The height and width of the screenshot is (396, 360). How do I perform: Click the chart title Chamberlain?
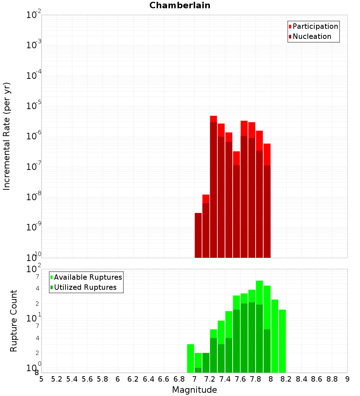pyautogui.click(x=180, y=5)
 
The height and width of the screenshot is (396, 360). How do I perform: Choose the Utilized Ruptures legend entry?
pyautogui.click(x=85, y=287)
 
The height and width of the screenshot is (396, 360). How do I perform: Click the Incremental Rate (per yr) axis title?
pyautogui.click(x=7, y=136)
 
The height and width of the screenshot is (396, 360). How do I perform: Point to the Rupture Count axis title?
pyautogui.click(x=14, y=321)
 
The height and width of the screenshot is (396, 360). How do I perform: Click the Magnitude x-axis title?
pyautogui.click(x=194, y=390)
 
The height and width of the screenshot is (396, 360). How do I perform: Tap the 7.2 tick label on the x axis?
pyautogui.click(x=210, y=379)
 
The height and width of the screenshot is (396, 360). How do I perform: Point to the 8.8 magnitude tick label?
pyautogui.click(x=332, y=379)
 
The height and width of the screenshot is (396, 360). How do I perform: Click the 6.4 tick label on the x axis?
pyautogui.click(x=148, y=379)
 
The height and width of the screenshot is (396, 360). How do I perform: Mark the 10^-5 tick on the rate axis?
pyautogui.click(x=34, y=106)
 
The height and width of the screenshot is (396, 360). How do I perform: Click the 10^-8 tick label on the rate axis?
pyautogui.click(x=34, y=197)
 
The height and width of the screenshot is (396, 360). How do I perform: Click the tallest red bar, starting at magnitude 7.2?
pyautogui.click(x=213, y=119)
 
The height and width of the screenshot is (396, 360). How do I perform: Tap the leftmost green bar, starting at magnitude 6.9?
pyautogui.click(x=190, y=358)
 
